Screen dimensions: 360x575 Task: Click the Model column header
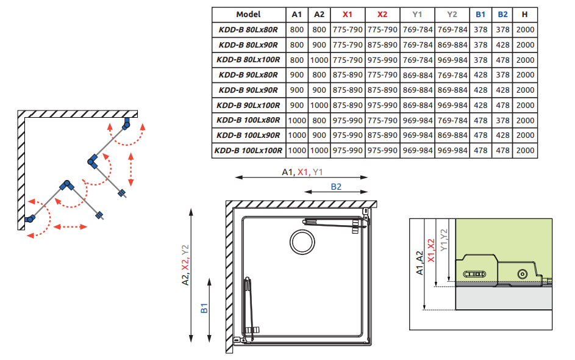tap(248, 15)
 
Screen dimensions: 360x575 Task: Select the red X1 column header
tap(347, 15)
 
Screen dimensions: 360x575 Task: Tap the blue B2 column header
tap(503, 15)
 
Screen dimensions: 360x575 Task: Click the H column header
tap(525, 15)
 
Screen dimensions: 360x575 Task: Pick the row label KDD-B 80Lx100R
tap(248, 60)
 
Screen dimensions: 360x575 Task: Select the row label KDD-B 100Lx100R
tap(248, 150)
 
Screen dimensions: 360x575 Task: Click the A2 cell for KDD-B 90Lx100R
tap(319, 105)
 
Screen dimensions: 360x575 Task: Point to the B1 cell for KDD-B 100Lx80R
tap(480, 120)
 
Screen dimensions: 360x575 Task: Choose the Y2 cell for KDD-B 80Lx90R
tap(452, 45)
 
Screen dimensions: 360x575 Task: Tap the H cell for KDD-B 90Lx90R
tap(525, 90)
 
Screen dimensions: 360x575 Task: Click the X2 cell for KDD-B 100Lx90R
tap(382, 135)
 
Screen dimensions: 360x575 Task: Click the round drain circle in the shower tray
tap(302, 242)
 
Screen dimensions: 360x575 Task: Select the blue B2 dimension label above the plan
tap(336, 187)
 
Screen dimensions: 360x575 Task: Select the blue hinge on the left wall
tap(30, 218)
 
